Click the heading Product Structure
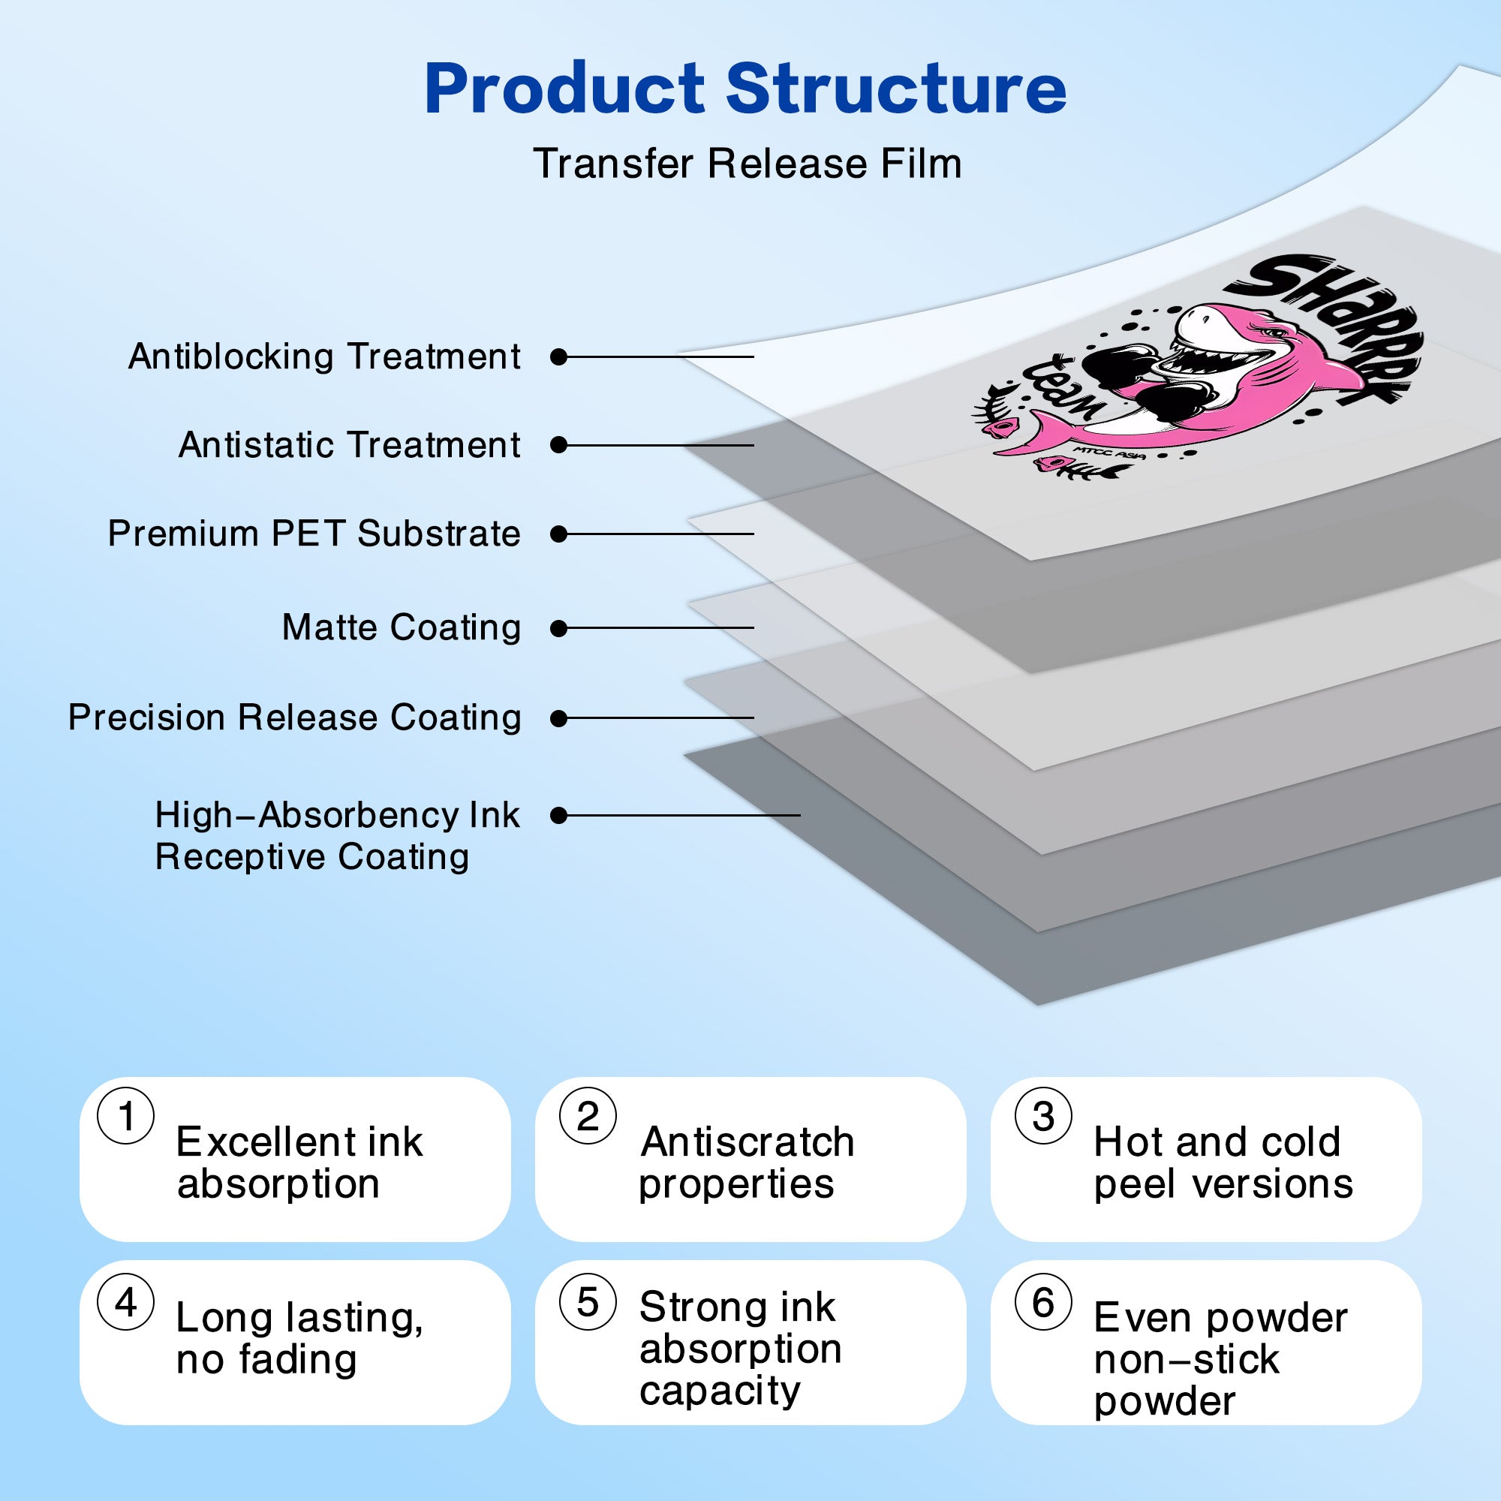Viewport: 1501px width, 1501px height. point(746,89)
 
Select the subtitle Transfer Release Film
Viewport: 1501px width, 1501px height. point(747,164)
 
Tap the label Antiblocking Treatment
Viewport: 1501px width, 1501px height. point(325,356)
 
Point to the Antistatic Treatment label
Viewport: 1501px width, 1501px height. point(350,445)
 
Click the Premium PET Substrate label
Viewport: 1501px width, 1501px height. point(314,534)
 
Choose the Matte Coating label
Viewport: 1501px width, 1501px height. point(402,627)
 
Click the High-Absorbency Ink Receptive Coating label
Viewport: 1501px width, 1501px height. point(337,836)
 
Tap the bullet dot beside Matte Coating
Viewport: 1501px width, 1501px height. point(558,628)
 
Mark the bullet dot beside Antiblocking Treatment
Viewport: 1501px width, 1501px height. point(558,357)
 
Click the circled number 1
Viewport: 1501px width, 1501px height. point(126,1116)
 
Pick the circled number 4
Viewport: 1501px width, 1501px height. point(126,1302)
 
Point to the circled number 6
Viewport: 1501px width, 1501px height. point(1043,1302)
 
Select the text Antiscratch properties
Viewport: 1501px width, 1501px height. point(747,1163)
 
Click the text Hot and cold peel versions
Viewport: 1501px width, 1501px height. point(1223,1163)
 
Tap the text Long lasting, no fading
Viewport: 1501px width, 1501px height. point(300,1339)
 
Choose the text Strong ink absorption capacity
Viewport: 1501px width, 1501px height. point(741,1348)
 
